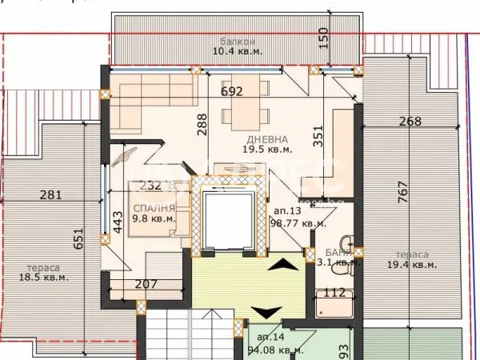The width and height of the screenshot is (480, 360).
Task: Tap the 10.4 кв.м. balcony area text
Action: click(x=238, y=51)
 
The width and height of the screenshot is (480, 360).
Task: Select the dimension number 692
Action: click(x=232, y=91)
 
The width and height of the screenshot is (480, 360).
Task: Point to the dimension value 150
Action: click(x=322, y=37)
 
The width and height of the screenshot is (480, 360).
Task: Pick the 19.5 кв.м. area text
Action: click(x=268, y=149)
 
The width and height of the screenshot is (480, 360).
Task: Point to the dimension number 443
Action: click(x=118, y=222)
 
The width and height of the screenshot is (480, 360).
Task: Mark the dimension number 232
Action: click(x=150, y=186)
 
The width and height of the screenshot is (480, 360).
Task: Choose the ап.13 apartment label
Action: click(x=286, y=211)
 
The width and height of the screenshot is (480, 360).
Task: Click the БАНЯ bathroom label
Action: click(x=329, y=250)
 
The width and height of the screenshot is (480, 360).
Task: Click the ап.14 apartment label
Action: click(x=269, y=338)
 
